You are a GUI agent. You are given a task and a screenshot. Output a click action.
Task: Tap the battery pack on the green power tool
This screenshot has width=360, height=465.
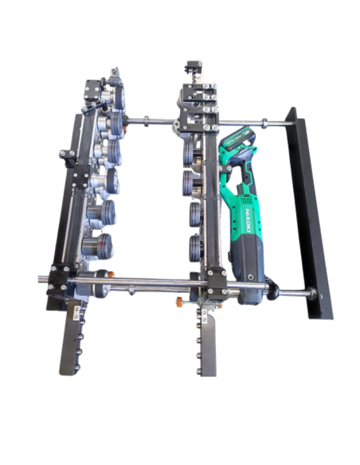(240, 139)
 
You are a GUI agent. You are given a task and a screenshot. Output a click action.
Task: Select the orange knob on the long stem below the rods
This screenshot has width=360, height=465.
(179, 302)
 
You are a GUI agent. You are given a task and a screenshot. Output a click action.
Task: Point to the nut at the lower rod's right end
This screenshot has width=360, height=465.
(312, 294)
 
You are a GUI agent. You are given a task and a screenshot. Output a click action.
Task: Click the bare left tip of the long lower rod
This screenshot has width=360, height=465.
(40, 279)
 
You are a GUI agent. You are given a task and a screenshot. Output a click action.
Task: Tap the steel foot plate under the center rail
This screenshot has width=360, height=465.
(208, 342)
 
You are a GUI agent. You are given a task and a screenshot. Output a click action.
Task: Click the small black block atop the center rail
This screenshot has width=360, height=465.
(193, 66)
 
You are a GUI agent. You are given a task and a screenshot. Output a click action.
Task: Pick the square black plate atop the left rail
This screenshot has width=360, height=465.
(92, 89)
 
